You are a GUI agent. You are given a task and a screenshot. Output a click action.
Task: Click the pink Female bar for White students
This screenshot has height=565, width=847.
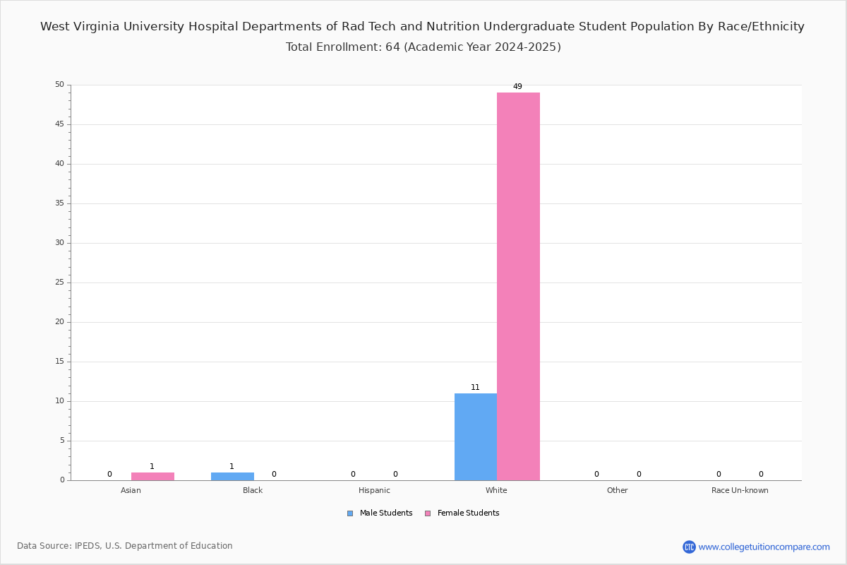point(518,287)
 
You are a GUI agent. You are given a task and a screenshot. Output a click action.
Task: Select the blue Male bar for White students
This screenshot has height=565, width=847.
point(476,437)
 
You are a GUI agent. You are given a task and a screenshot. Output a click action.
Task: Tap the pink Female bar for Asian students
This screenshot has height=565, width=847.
point(152,477)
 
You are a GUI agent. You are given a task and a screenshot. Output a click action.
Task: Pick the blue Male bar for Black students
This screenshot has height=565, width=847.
point(232,477)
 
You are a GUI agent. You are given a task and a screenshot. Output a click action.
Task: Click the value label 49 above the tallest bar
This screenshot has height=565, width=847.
point(517,87)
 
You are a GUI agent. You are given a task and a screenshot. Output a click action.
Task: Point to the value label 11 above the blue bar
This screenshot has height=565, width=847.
point(475,387)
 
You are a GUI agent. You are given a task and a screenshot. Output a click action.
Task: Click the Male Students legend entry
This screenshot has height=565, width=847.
point(380,513)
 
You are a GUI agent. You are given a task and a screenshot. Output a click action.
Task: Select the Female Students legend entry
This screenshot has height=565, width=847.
point(462,513)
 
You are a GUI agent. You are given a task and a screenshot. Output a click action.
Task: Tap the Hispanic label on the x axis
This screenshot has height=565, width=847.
point(374,490)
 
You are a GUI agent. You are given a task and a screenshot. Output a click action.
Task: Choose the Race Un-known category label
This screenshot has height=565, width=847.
point(740,490)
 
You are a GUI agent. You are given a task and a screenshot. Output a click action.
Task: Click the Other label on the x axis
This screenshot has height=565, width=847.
point(618,490)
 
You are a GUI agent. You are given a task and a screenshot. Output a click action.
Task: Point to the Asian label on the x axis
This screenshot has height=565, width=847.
point(131,490)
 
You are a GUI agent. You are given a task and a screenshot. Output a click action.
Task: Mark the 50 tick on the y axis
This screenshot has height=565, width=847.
point(60,84)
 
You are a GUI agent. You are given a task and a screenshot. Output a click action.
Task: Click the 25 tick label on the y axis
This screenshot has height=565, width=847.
point(60,282)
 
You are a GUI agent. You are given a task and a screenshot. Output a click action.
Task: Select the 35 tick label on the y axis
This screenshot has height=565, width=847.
point(60,203)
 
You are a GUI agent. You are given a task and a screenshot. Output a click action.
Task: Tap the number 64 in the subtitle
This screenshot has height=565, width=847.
point(392,47)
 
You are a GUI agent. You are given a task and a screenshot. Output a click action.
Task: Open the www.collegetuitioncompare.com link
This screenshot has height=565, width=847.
point(764,547)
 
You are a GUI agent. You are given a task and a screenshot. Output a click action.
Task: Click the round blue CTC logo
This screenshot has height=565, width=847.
point(689,547)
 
